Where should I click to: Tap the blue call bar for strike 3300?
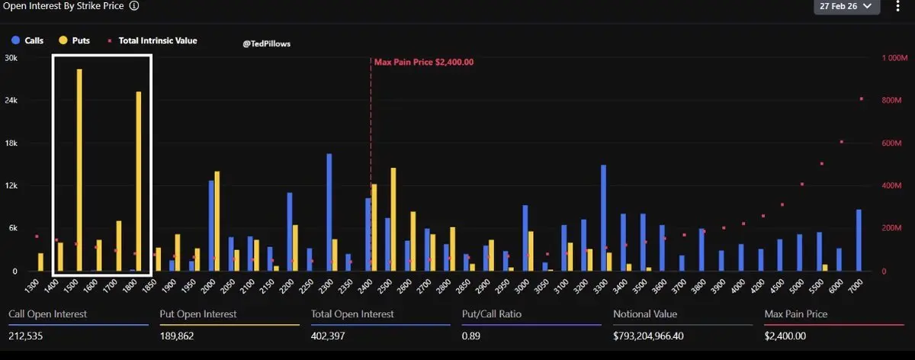603,217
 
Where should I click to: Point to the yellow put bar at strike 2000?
217,220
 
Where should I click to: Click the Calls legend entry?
28,40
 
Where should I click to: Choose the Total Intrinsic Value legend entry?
152,40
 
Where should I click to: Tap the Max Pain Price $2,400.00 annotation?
424,63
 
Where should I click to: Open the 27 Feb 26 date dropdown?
847,6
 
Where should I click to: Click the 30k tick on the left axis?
11,58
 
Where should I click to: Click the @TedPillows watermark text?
266,44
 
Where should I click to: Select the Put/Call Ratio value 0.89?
470,336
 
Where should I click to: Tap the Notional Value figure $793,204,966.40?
660,336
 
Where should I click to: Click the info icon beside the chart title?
134,5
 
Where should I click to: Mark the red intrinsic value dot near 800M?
862,98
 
